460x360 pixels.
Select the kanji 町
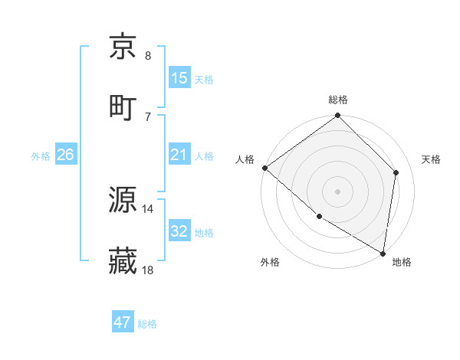click(123, 106)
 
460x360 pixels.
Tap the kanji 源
click(123, 201)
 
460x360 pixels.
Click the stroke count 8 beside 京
click(148, 55)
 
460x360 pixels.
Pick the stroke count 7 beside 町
click(148, 116)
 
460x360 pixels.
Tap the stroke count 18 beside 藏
click(148, 270)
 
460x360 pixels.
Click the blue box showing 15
click(179, 78)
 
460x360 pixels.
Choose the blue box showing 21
click(179, 155)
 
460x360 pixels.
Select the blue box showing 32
click(179, 232)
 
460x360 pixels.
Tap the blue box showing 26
click(66, 155)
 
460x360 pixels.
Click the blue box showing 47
click(123, 323)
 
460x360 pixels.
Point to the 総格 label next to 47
click(147, 324)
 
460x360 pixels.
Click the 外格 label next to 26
click(41, 156)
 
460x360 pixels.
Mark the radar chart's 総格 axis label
click(338, 100)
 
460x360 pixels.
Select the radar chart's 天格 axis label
click(432, 159)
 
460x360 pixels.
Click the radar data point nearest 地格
click(383, 253)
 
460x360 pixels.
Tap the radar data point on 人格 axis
click(264, 168)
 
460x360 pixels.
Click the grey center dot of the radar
click(338, 191)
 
